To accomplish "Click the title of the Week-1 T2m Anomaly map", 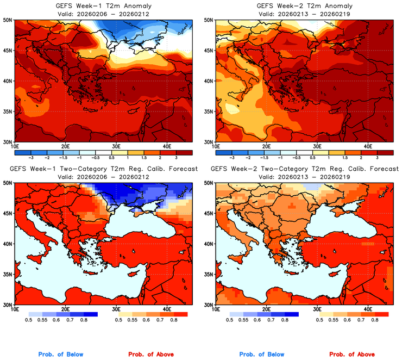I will click(103, 6).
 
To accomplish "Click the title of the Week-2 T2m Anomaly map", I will click(304, 6).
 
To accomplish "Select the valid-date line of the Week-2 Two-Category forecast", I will click(304, 177).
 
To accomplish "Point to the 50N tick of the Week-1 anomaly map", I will click(8, 20).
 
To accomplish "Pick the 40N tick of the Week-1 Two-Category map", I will click(8, 244).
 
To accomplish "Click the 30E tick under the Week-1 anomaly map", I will click(116, 146).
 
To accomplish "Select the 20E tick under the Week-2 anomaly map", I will click(266, 146).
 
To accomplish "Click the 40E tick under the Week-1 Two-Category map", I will click(167, 309).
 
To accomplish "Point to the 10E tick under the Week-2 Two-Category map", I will click(216, 309).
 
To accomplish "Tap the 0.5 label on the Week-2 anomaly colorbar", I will click(314, 156).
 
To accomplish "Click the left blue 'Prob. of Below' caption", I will click(61, 355).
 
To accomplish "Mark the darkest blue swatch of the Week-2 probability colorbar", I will click(291, 314).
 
